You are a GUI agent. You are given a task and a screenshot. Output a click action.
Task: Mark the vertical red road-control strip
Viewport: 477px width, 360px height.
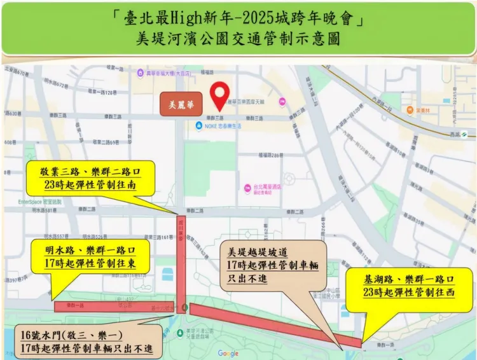click(181, 262)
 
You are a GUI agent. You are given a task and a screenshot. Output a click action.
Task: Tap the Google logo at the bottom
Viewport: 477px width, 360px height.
click(228, 354)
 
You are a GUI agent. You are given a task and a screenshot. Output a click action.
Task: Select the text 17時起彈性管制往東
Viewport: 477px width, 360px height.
click(89, 263)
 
